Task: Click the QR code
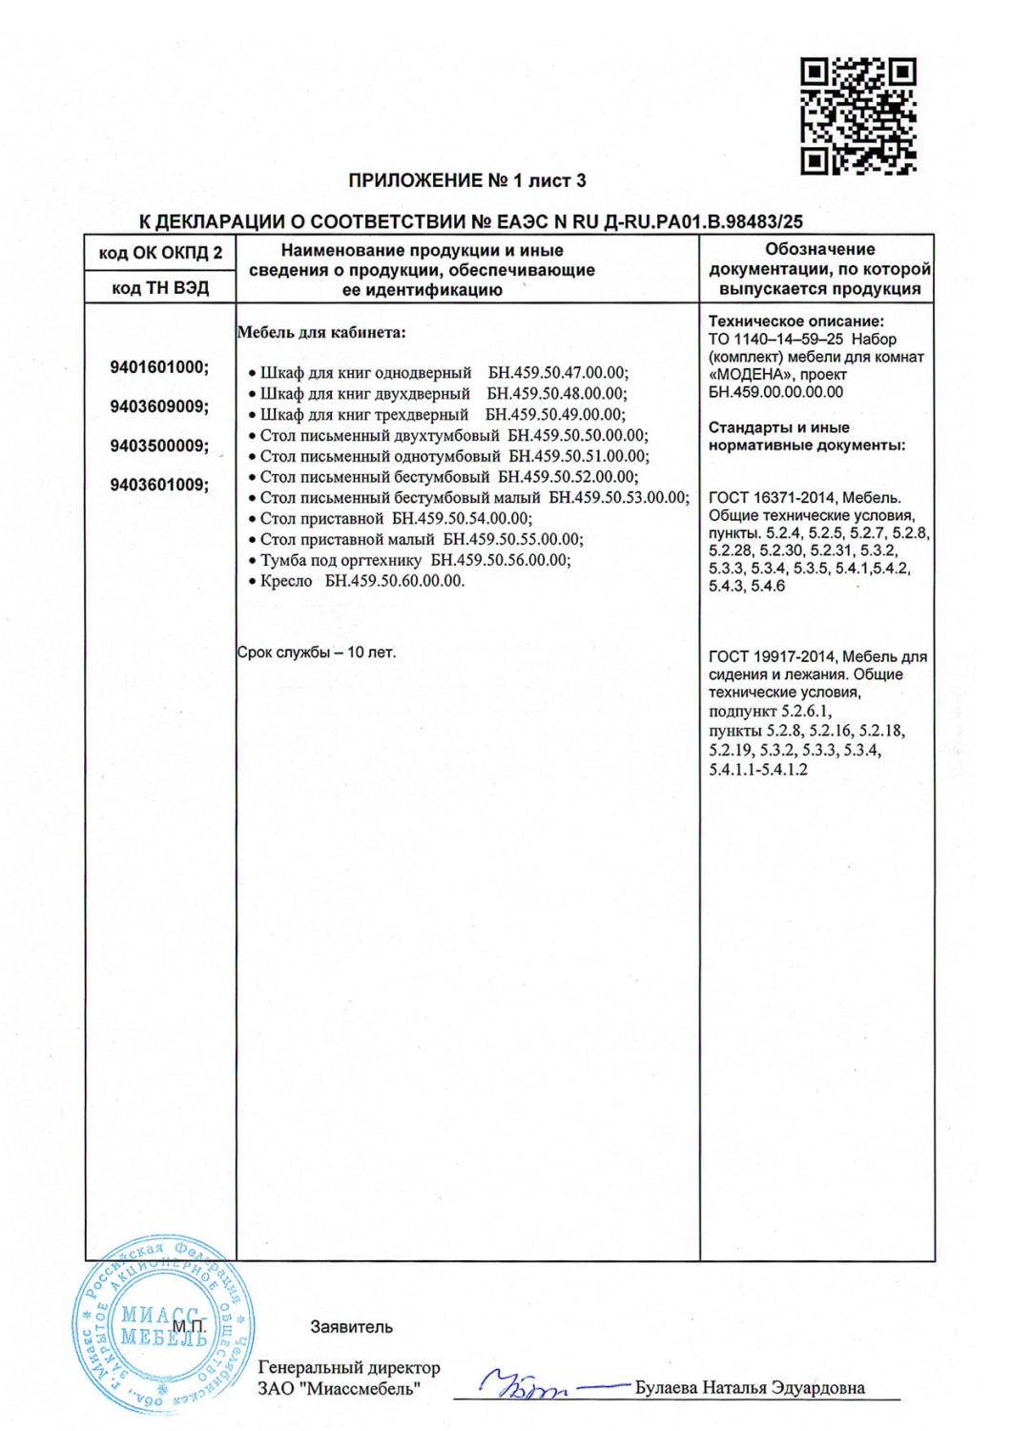(857, 116)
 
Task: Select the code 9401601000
(159, 368)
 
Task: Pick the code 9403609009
(159, 406)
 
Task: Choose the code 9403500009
(159, 446)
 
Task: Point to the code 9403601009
(159, 484)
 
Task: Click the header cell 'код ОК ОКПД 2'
(160, 253)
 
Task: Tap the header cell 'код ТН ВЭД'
(160, 287)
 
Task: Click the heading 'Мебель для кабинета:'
(320, 333)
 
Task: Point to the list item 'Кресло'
(286, 581)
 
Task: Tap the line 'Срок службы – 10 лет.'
(316, 653)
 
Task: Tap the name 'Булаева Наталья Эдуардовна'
(750, 1387)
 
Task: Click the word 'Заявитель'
(351, 1327)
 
